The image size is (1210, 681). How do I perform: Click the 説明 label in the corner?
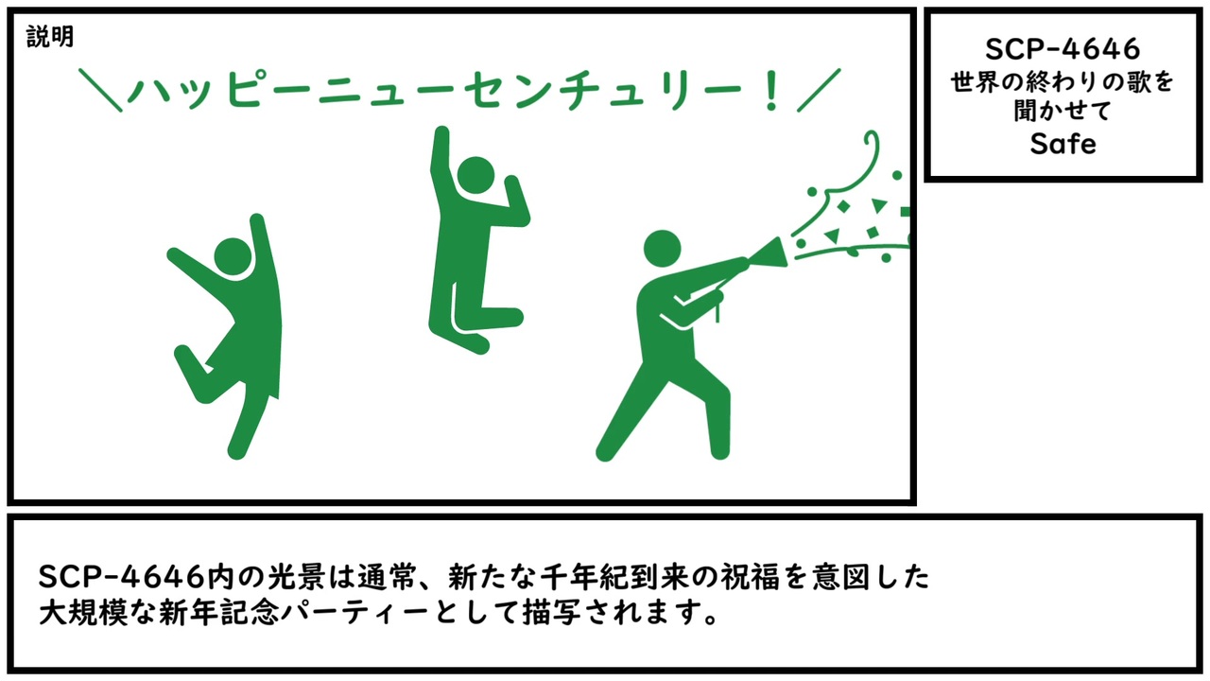pos(50,37)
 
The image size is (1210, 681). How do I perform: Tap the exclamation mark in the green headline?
pos(772,90)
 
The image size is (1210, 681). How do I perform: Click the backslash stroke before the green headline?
pos(100,90)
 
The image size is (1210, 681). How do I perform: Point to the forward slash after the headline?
pos(819,90)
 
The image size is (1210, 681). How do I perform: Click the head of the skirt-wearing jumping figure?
pos(233,256)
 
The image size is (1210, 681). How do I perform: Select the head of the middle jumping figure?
pos(475,175)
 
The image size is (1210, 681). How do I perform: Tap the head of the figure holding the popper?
pos(663,249)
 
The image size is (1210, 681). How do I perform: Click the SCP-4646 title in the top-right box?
pos(1063,49)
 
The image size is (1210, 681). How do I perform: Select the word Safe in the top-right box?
pos(1063,144)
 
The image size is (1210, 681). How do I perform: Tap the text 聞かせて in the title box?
pos(1062,112)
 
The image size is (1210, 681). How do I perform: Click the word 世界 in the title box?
pos(974,81)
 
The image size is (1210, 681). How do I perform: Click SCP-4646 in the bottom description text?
pos(122,577)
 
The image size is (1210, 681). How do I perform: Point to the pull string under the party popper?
pos(717,311)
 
